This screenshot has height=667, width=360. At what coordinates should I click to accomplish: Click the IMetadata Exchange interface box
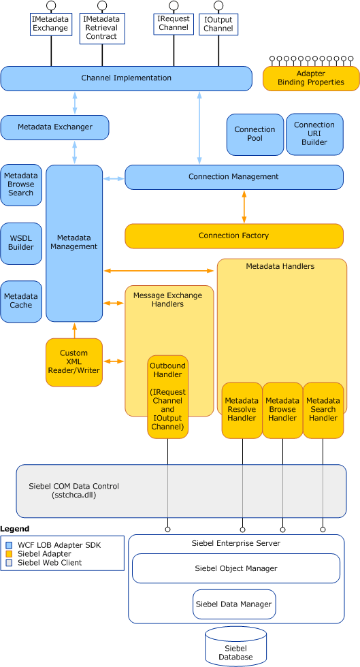tap(51, 24)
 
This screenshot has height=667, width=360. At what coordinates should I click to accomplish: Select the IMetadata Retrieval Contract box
tap(102, 28)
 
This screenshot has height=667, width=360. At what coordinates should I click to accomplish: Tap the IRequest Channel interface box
tap(173, 23)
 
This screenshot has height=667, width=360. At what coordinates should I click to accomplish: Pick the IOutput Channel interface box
tap(218, 25)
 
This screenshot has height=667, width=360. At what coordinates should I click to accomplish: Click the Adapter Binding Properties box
tap(311, 78)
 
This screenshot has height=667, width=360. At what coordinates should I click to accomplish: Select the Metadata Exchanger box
tap(55, 127)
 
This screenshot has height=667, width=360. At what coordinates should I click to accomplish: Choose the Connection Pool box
tap(255, 135)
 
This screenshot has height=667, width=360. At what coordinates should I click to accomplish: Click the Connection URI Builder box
tap(314, 134)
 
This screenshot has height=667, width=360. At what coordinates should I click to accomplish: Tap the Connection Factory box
tap(234, 235)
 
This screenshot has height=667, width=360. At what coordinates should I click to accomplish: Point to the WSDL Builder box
tap(21, 243)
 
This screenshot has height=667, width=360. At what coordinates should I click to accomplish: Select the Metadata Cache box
tap(21, 301)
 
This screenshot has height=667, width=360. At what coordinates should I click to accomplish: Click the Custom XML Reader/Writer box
tap(74, 362)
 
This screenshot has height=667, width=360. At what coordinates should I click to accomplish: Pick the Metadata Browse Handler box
tap(282, 410)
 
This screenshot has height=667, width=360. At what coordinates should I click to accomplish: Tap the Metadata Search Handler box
tap(323, 410)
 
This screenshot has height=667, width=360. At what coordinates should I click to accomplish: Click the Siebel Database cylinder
tap(235, 647)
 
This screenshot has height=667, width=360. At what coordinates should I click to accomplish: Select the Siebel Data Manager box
tap(233, 604)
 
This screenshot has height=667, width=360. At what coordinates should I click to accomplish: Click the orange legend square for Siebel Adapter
tap(9, 554)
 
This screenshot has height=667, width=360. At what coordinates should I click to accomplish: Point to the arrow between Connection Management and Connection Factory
tap(244, 207)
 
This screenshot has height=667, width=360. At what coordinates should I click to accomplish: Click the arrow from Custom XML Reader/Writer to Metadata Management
tap(74, 330)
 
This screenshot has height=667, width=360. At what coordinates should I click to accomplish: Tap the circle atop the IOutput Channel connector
tap(218, 5)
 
